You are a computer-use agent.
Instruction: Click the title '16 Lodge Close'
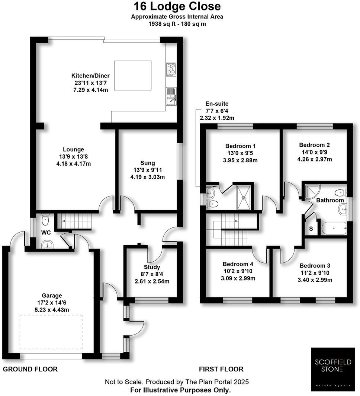pyautogui.click(x=177, y=6)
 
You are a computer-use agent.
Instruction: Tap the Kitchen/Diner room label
pyautogui.click(x=91, y=76)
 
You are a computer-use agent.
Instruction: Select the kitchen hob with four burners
pyautogui.click(x=171, y=70)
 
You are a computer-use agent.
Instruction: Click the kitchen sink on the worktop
pyautogui.click(x=171, y=96)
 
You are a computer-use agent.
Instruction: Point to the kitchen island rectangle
pyautogui.click(x=133, y=76)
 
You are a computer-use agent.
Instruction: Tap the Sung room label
pyautogui.click(x=147, y=163)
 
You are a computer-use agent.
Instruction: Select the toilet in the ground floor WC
pyautogui.click(x=45, y=220)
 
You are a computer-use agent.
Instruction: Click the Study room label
pyautogui.click(x=152, y=267)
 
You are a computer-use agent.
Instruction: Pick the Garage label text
pyautogui.click(x=52, y=296)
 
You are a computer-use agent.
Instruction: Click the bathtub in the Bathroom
pyautogui.click(x=334, y=228)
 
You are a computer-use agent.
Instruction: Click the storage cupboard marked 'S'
pyautogui.click(x=311, y=229)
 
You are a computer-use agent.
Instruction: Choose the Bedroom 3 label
pyautogui.click(x=315, y=266)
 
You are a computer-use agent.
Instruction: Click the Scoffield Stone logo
pyautogui.click(x=334, y=367)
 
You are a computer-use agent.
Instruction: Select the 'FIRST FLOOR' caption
pyautogui.click(x=221, y=369)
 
